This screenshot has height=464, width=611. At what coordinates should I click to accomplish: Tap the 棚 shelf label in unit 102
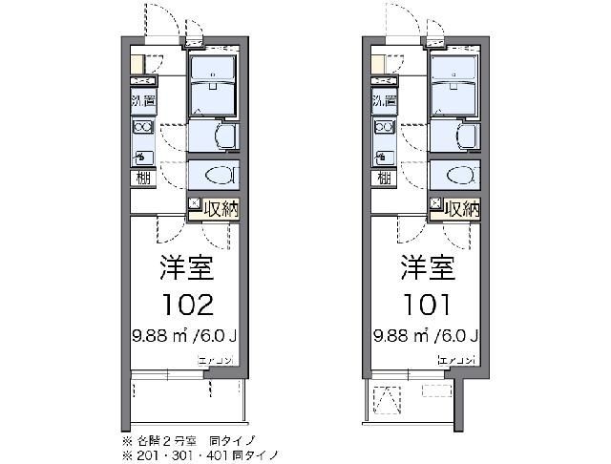coord(141,178)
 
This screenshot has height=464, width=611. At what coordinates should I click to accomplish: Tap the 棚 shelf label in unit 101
coord(383,178)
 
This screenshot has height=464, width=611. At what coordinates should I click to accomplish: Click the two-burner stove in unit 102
coord(141,128)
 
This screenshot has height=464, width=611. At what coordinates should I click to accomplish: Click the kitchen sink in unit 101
coord(383,155)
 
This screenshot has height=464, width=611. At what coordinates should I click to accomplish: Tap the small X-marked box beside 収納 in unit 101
coord(435,204)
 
